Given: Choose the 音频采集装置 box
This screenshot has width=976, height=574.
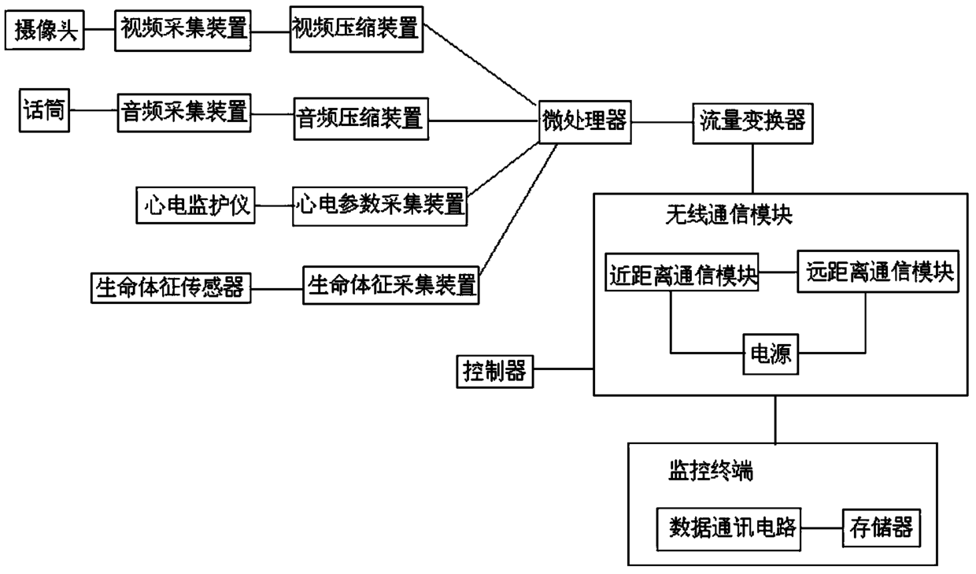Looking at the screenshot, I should (x=184, y=114).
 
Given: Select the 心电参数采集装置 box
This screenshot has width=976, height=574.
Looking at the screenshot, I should (x=379, y=206).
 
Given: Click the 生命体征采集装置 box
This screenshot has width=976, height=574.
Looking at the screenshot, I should (x=392, y=286).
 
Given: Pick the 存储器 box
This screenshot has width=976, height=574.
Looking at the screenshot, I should (x=881, y=528).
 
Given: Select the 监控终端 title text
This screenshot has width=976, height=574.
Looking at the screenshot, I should (x=705, y=472).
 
